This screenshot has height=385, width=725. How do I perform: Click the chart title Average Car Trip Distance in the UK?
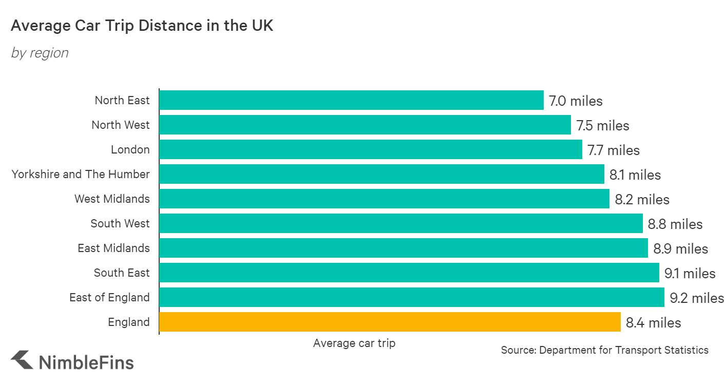pos(142,26)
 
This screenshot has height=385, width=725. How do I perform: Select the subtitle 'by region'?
pos(40,53)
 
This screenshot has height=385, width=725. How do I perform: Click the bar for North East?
pos(351,100)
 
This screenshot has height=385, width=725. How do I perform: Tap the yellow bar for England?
pos(390,322)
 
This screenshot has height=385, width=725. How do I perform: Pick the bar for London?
pos(370,149)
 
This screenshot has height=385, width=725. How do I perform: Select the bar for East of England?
pos(412,297)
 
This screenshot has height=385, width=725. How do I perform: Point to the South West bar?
pos(400,223)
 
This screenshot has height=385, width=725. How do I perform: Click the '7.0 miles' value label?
pos(576,101)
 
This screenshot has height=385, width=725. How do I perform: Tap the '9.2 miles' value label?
pos(697,298)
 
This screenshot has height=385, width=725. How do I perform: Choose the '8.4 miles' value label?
pos(654,323)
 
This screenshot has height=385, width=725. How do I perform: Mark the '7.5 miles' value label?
pos(602,126)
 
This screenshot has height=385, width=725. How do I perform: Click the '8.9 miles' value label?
pos(680,249)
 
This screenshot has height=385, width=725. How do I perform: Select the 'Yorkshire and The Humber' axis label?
pos(81,174)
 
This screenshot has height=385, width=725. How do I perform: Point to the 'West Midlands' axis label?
pos(112,199)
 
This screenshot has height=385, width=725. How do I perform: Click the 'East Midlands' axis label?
pos(113,248)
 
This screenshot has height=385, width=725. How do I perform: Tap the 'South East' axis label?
pos(122,273)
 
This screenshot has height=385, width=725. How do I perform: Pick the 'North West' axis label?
pos(121,125)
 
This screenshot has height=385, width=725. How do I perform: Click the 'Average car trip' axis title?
pos(354,343)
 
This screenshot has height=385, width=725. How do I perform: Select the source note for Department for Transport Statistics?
pos(604,350)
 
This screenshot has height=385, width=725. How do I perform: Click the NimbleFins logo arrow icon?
pos(23,360)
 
